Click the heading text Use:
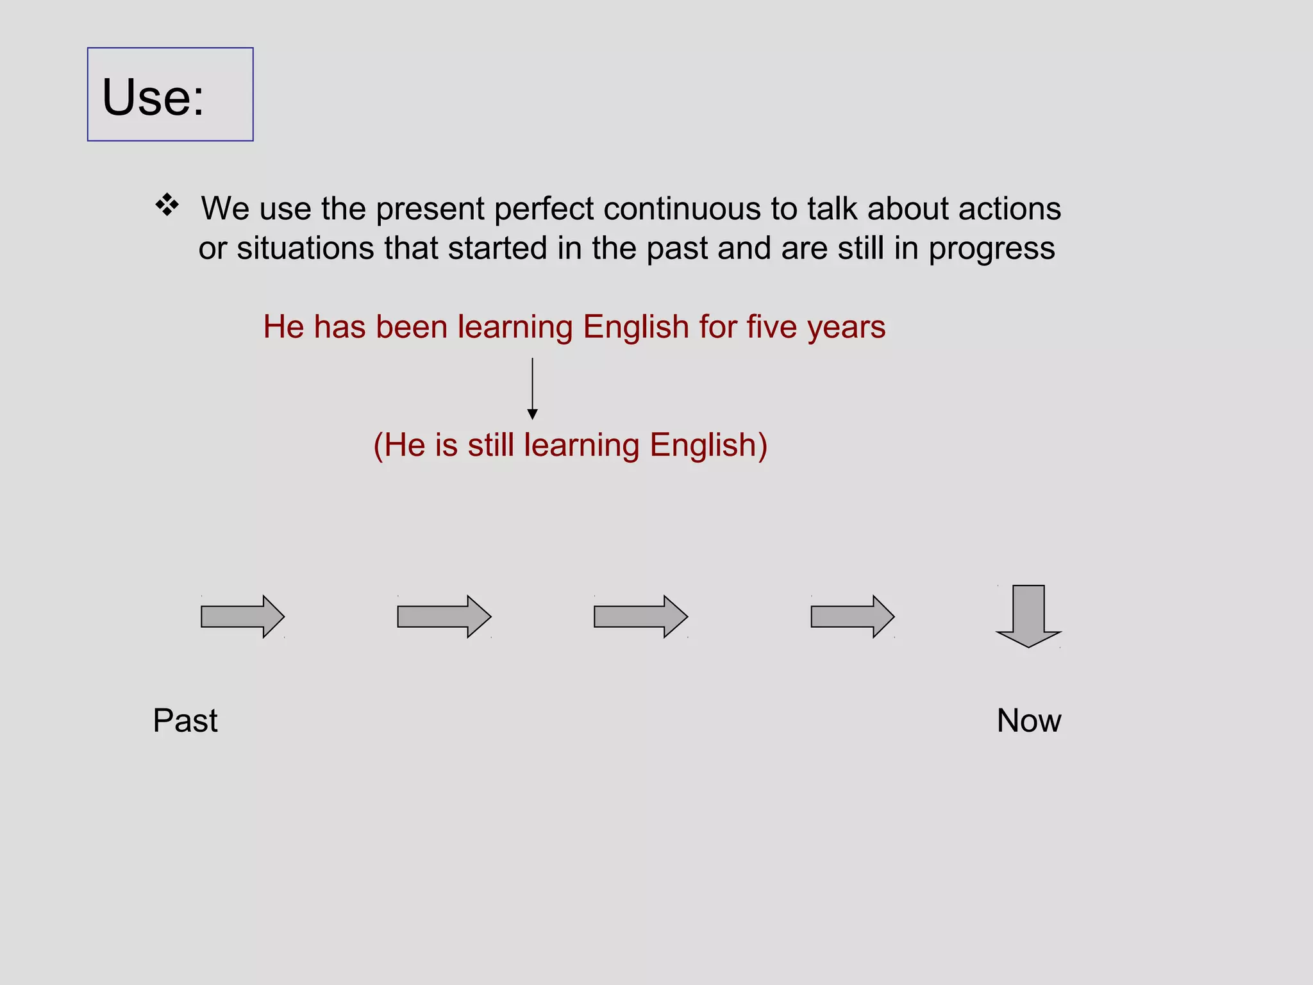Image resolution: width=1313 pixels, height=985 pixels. coord(153,97)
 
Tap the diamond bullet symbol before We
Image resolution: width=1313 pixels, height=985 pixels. coord(167,205)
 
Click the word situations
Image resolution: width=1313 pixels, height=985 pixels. coord(305,248)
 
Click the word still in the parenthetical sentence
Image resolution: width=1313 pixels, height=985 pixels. coord(490,445)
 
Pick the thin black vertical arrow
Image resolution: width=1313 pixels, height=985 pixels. coord(532,389)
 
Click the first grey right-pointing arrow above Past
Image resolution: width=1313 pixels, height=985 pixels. coord(242,616)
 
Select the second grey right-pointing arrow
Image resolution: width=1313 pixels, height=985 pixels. coord(444,616)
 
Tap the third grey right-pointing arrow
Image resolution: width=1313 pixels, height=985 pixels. coord(640,616)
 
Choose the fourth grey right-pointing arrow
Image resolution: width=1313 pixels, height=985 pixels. coord(852,616)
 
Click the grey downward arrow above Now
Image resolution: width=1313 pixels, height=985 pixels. coord(1028,616)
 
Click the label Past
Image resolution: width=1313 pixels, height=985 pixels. coord(185,720)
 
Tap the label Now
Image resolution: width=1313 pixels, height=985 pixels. coord(1028,720)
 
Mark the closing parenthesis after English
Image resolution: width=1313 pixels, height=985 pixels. coord(762,446)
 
